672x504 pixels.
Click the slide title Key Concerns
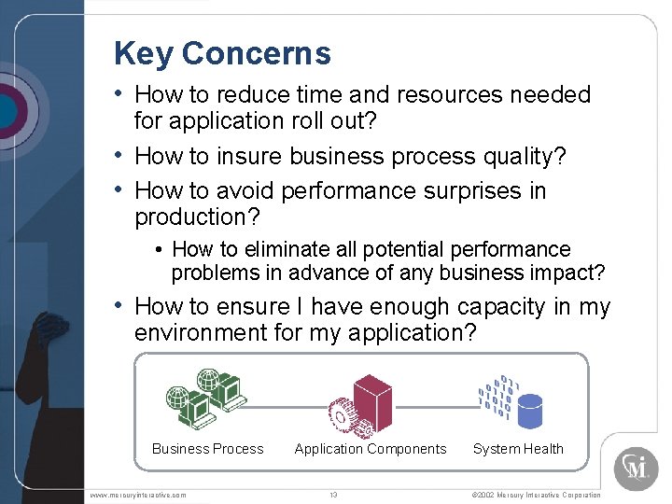pos(222,53)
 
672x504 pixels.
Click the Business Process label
pos(207,449)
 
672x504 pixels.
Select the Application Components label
pos(371,449)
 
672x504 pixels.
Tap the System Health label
pos(518,449)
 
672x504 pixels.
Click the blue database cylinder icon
pos(530,408)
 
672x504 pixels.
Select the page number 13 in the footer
pos(333,495)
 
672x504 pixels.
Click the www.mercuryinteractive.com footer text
pos(139,495)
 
